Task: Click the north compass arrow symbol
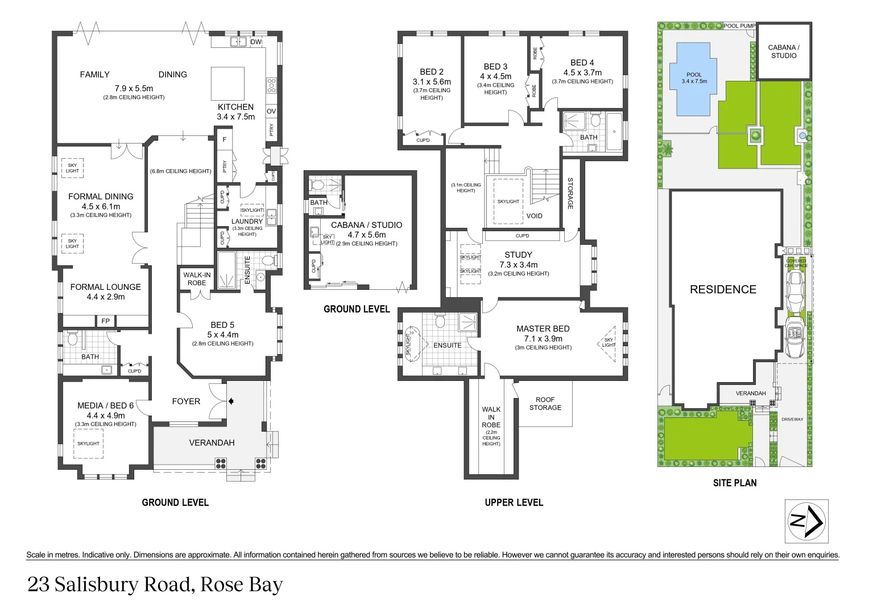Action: pos(806,521)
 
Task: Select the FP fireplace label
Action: pos(105,321)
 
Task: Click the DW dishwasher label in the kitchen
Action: pos(256,42)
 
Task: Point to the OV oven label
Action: pos(271,112)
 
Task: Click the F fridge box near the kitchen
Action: pos(225,140)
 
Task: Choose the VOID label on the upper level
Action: pos(534,216)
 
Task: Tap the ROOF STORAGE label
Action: pos(545,404)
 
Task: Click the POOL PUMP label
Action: pos(739,26)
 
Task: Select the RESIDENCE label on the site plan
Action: pos(723,289)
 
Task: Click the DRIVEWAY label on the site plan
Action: pos(792,419)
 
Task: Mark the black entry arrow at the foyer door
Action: pos(231,401)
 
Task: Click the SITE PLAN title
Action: pos(735,483)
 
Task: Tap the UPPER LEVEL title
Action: pos(514,502)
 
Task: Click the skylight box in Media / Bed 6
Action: pos(89,443)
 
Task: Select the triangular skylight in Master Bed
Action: pos(609,343)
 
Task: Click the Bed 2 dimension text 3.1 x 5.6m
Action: pos(431,81)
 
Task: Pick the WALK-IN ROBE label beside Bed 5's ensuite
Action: pos(197,279)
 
